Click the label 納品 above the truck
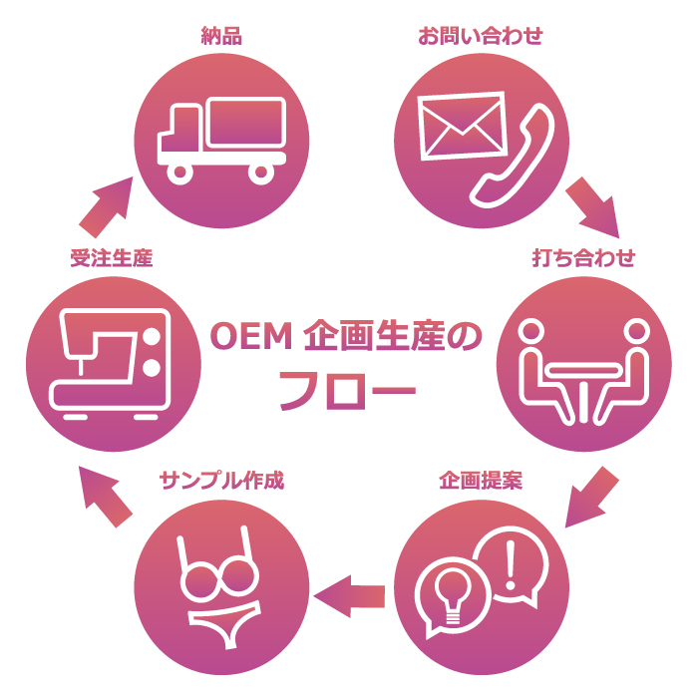pyautogui.click(x=221, y=36)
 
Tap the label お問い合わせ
pyautogui.click(x=481, y=36)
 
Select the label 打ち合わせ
pyautogui.click(x=583, y=258)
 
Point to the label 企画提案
pyautogui.click(x=481, y=481)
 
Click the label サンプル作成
pyautogui.click(x=221, y=481)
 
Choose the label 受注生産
pyautogui.click(x=112, y=258)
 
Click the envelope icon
pyautogui.click(x=462, y=126)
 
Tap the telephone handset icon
pyautogui.click(x=513, y=156)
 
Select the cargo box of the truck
pyautogui.click(x=246, y=122)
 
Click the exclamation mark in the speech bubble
pyautogui.click(x=511, y=565)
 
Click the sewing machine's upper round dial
pyautogui.click(x=152, y=336)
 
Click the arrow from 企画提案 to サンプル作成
pyautogui.click(x=349, y=596)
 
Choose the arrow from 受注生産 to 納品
pyautogui.click(x=107, y=207)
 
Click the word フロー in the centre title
pyautogui.click(x=347, y=391)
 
